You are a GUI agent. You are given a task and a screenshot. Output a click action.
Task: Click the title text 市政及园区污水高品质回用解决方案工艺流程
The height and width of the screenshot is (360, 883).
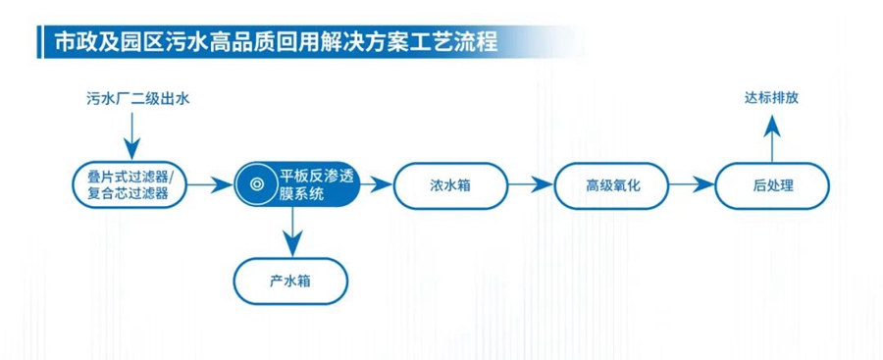[276, 42]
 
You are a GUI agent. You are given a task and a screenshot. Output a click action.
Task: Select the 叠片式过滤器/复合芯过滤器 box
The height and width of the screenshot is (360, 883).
[129, 184]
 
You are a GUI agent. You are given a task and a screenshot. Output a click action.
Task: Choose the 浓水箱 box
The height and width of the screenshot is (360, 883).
[450, 185]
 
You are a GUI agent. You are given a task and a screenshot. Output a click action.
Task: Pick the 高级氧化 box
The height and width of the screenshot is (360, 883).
[612, 185]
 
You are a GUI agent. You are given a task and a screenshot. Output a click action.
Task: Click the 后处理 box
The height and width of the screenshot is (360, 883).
[772, 185]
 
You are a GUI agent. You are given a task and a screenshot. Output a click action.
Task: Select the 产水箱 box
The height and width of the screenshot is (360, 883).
[290, 281]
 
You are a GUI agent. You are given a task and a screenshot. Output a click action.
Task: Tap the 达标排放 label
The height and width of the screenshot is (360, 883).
[771, 99]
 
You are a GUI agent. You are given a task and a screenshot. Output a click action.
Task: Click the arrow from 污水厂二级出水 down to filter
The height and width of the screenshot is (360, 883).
[131, 136]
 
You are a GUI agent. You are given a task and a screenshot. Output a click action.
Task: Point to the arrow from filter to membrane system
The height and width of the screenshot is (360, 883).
[209, 184]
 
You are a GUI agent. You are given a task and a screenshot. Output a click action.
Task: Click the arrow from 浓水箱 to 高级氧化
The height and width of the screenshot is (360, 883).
[531, 184]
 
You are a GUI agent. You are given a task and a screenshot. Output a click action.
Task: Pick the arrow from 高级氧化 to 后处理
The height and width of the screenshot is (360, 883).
[692, 184]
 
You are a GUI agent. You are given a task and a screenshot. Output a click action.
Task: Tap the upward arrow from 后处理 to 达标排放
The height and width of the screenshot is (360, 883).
[771, 138]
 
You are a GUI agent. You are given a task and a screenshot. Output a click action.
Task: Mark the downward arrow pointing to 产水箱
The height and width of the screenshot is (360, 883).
[291, 231]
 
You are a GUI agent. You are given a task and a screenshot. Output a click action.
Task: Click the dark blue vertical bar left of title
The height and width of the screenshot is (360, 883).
[39, 42]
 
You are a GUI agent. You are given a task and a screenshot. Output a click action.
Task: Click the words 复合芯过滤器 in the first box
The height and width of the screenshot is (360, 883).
[129, 194]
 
